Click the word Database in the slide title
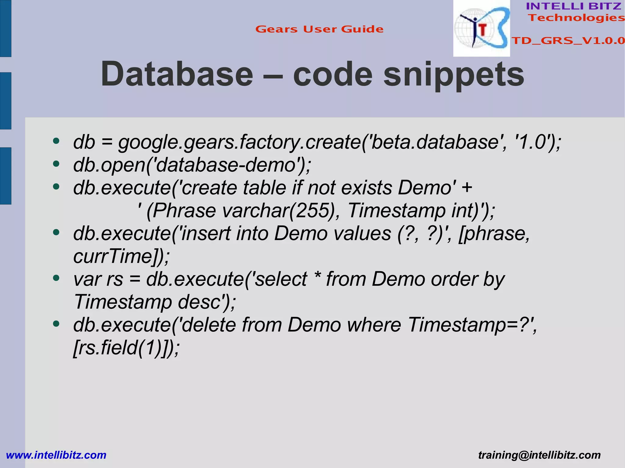[x=177, y=74]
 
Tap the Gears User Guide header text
[x=319, y=29]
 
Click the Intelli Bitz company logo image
[x=481, y=28]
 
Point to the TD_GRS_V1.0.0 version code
[x=568, y=41]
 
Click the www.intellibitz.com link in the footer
[x=56, y=455]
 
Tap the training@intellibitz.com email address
[x=539, y=455]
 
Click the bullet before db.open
[x=56, y=164]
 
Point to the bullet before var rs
[x=56, y=278]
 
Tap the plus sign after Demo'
[x=467, y=187]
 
